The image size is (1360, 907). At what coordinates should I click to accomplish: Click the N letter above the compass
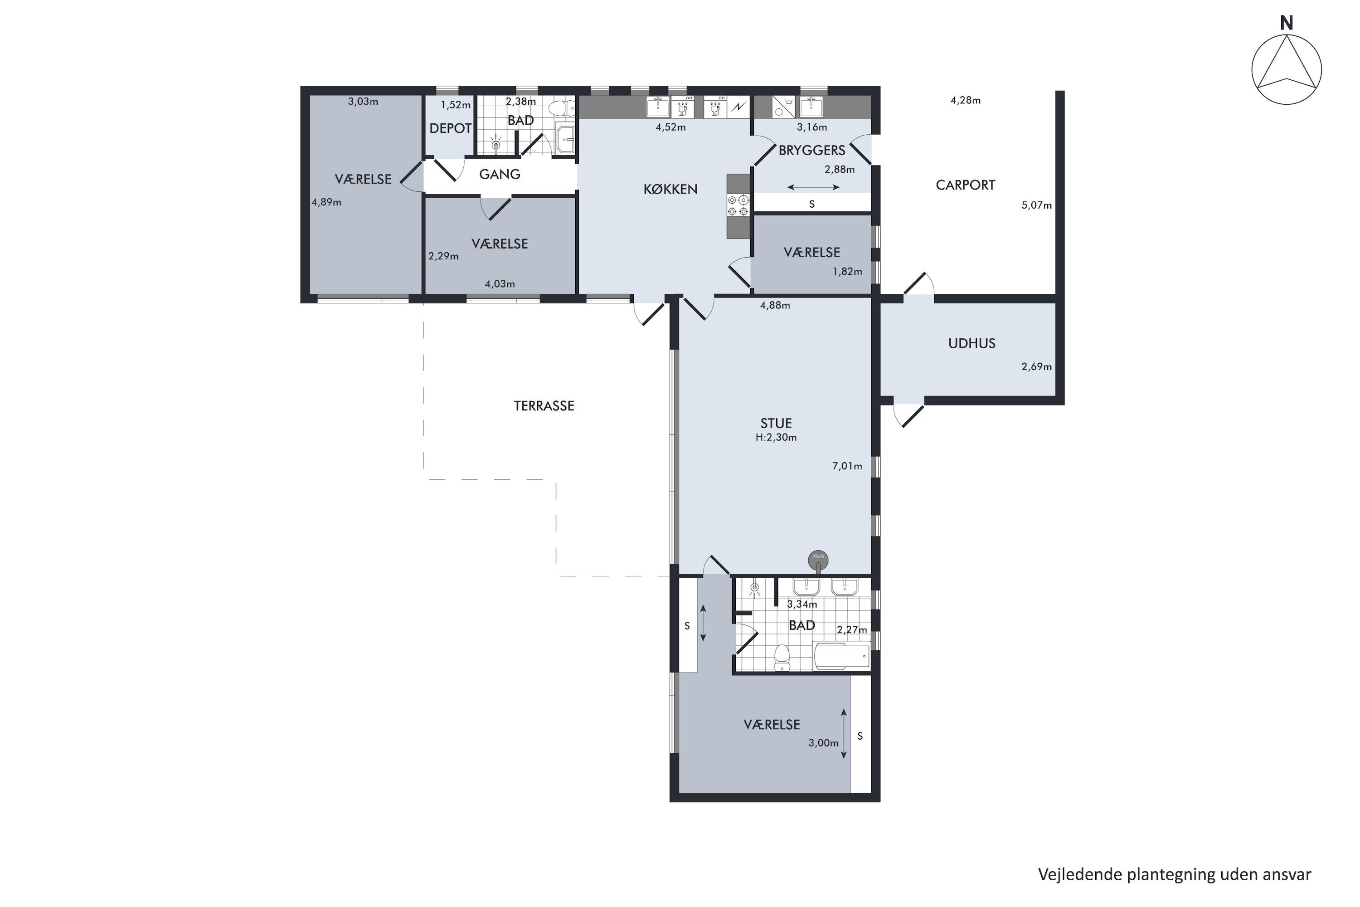(x=1287, y=23)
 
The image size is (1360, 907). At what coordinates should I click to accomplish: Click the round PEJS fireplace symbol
(x=818, y=559)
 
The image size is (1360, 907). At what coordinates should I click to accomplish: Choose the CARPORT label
(x=966, y=185)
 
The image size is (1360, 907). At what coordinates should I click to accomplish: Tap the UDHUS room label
(x=972, y=344)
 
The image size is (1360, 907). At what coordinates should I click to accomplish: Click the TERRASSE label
(x=544, y=406)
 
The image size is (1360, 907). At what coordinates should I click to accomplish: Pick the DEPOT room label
(x=451, y=128)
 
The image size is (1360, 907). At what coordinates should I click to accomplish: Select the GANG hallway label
(x=500, y=174)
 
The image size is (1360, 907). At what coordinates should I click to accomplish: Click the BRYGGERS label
(x=812, y=151)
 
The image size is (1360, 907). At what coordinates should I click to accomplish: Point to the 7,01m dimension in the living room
(x=847, y=466)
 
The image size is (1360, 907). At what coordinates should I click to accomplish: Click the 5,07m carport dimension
(x=1037, y=205)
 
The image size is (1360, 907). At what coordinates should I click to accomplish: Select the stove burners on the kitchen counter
(x=738, y=205)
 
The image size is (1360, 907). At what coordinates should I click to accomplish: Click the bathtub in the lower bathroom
(x=841, y=656)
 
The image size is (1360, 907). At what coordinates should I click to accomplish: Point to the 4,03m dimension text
(x=500, y=284)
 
